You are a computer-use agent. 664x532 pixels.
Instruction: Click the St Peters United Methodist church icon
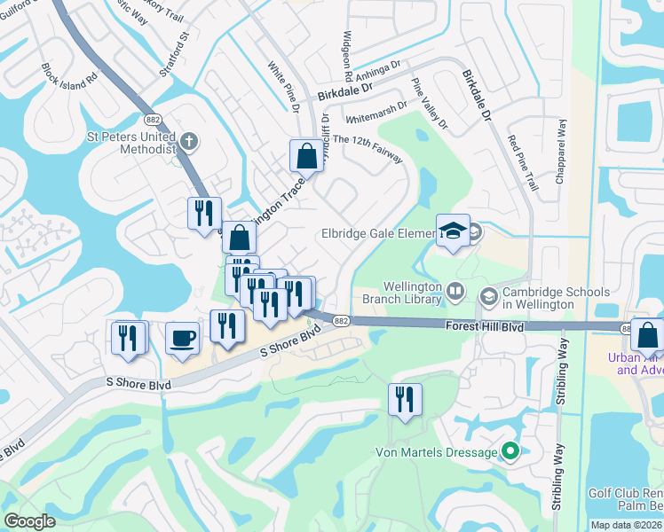tap(188, 140)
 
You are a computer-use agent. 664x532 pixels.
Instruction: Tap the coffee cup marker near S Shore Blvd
tap(182, 339)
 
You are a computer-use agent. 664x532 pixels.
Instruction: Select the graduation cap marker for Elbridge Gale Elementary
tap(453, 231)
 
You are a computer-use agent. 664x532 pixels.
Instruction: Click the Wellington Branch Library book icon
tap(455, 291)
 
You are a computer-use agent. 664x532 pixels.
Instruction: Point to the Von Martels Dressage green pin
tap(510, 452)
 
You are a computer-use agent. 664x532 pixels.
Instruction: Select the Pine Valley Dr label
tap(430, 104)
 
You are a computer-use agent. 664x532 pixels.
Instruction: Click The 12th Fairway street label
tap(366, 148)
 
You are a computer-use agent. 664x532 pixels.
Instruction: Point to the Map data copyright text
tap(626, 525)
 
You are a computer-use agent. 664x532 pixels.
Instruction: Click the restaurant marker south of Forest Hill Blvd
tap(404, 398)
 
